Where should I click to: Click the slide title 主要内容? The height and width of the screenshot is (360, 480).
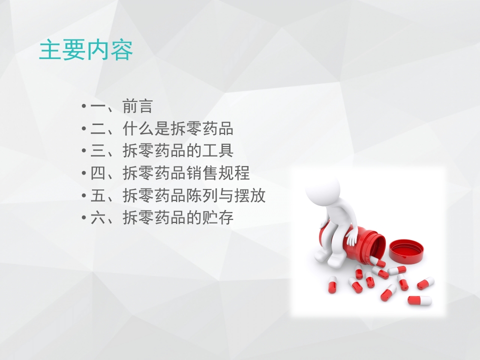[86, 50]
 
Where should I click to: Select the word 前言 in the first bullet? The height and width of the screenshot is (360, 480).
[137, 107]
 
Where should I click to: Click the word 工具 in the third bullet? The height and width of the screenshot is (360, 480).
[217, 151]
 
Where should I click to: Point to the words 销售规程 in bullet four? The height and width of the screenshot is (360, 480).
[217, 173]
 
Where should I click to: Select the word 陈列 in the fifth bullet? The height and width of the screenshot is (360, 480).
[201, 195]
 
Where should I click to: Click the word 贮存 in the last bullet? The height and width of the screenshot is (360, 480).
[217, 218]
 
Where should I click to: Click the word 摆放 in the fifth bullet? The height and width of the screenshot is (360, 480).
[249, 195]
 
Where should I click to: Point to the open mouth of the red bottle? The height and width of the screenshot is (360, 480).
[376, 245]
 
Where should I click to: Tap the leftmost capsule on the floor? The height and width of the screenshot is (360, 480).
[332, 284]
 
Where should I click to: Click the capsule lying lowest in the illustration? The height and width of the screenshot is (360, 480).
[419, 300]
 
